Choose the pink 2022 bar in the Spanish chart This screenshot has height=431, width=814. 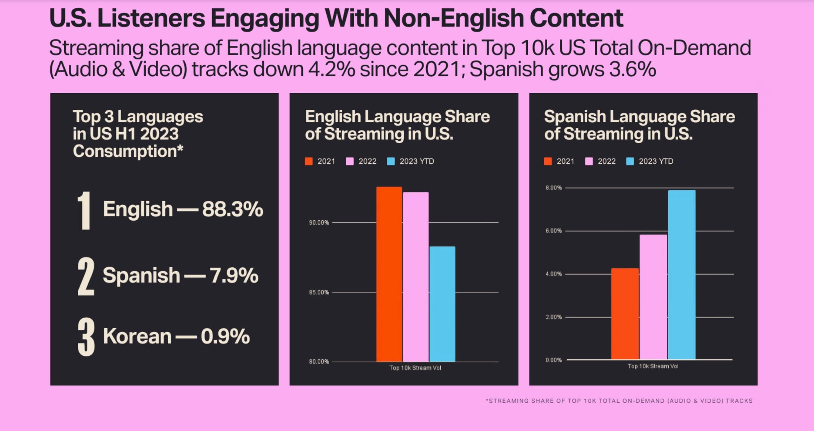pyautogui.click(x=653, y=297)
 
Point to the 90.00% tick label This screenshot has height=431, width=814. pyautogui.click(x=319, y=222)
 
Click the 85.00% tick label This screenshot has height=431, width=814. pyautogui.click(x=319, y=292)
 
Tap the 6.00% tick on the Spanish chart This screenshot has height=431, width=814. pyautogui.click(x=553, y=231)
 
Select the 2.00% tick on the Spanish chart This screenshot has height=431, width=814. pyautogui.click(x=553, y=317)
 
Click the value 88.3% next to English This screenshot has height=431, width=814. pyautogui.click(x=233, y=209)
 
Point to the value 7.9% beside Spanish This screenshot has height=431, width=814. pyautogui.click(x=234, y=276)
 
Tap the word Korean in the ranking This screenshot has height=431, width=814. pyautogui.click(x=137, y=336)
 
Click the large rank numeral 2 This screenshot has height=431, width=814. pyautogui.click(x=86, y=276)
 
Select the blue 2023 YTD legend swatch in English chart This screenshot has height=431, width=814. pyautogui.click(x=391, y=162)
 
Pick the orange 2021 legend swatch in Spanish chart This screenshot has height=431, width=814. pyautogui.click(x=548, y=162)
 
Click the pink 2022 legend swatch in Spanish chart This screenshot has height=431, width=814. pyautogui.click(x=589, y=162)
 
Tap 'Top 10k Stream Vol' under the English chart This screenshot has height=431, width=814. pyautogui.click(x=415, y=368)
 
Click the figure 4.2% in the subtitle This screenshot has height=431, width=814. pyautogui.click(x=331, y=69)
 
